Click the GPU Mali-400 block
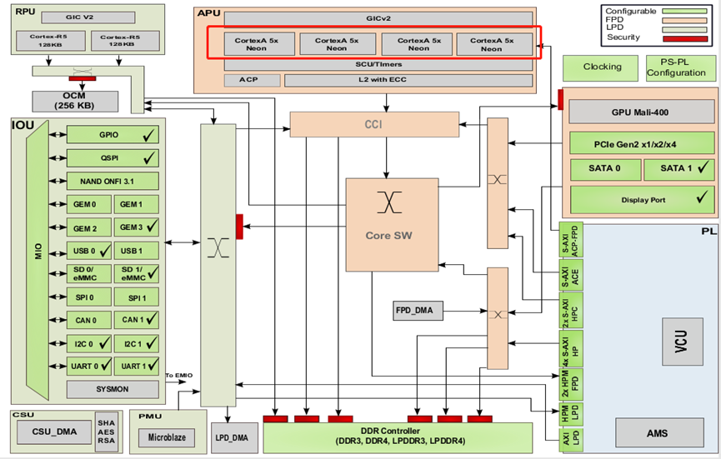point(641,112)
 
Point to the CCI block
point(374,125)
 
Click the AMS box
point(658,432)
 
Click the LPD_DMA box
point(231,437)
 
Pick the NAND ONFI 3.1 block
point(113,180)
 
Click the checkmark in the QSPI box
point(150,157)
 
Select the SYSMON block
point(113,388)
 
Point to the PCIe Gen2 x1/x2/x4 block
point(641,142)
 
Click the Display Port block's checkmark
point(703,198)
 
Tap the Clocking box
point(602,67)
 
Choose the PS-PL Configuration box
point(681,67)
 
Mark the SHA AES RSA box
point(105,432)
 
